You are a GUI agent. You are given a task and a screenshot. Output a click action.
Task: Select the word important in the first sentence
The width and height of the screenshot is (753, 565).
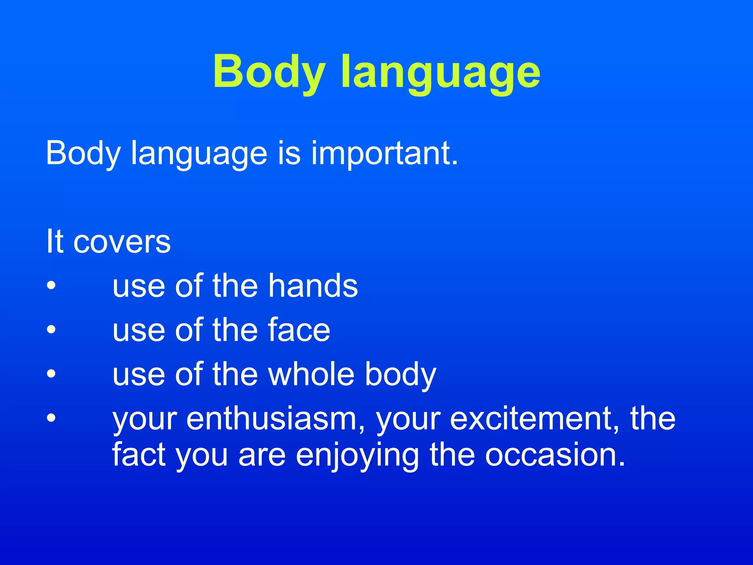tap(385, 154)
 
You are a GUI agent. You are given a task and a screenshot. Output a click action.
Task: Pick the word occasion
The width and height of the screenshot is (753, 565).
tap(554, 455)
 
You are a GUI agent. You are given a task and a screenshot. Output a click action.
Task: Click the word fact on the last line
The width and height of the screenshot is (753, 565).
tap(138, 455)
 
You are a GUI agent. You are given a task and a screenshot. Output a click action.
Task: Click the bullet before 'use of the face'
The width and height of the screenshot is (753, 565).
tap(51, 330)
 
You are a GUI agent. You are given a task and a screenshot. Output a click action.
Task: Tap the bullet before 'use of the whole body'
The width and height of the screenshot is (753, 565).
tap(51, 374)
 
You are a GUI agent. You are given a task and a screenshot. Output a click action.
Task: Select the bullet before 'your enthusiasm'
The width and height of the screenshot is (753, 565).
tap(51, 418)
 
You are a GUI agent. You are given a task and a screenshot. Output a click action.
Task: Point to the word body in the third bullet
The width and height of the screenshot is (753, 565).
tap(400, 374)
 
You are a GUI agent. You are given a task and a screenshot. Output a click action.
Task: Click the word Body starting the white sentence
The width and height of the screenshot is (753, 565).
tap(83, 154)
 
